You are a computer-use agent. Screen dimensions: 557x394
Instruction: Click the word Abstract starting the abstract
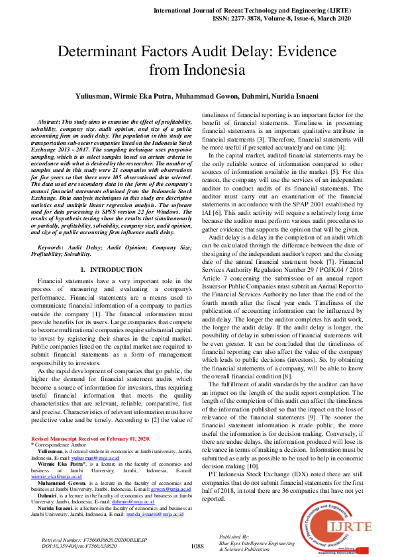pos(50,122)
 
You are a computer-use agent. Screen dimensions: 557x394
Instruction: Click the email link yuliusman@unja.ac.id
pos(95,457)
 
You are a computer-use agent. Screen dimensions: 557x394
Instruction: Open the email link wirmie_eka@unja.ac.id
pos(56,476)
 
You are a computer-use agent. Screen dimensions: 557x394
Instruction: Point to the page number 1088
pos(197,546)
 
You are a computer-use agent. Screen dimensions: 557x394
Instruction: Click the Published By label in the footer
pos(234,536)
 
